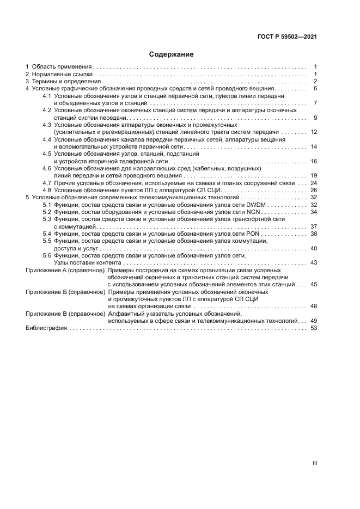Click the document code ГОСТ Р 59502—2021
(287, 37)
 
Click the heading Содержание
(171, 54)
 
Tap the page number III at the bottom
(314, 463)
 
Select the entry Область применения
(61, 66)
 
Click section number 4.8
(47, 190)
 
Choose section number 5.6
(47, 255)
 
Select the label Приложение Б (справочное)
(65, 292)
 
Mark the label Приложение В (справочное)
(65, 314)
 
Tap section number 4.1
(47, 96)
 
